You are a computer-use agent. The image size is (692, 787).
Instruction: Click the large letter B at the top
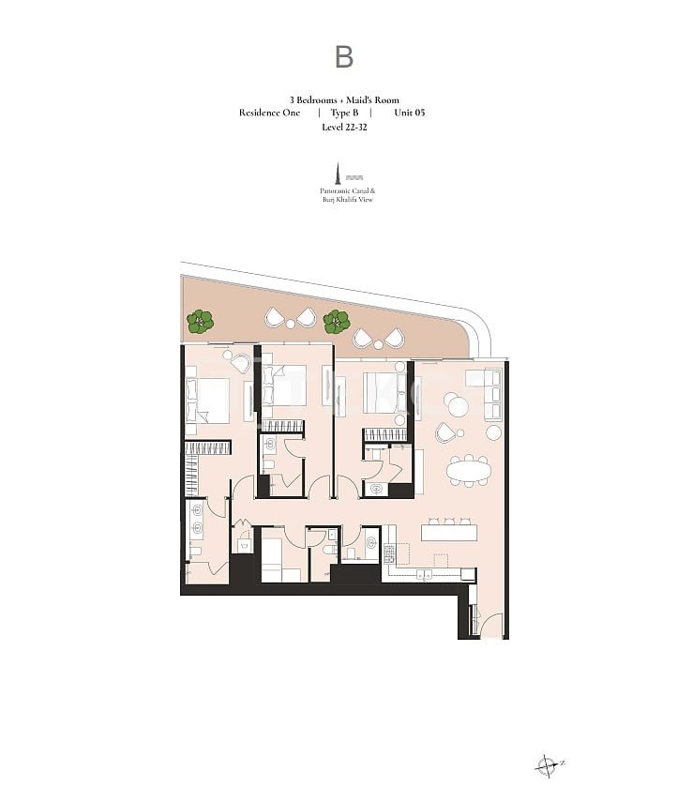344,57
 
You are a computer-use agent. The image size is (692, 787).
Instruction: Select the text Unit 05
410,113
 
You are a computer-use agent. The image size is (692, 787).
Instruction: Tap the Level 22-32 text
344,127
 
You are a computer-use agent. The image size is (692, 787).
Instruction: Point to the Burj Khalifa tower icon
338,173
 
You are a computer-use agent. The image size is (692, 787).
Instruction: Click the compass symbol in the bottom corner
546,766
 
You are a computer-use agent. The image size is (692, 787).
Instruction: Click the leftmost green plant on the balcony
201,322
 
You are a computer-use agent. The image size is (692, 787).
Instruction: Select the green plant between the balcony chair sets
336,322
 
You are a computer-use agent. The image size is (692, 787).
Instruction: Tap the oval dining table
469,471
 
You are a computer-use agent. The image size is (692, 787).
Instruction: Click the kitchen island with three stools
448,532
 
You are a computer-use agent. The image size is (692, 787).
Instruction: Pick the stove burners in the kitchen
389,553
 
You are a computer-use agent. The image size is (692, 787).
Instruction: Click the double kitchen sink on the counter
424,575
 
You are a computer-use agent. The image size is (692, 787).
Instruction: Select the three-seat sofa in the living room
492,396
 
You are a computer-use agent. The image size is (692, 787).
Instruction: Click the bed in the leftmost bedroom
207,399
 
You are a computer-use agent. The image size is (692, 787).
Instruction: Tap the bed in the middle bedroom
284,386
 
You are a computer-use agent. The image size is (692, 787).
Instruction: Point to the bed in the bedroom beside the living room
384,393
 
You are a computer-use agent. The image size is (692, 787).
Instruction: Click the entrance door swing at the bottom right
490,626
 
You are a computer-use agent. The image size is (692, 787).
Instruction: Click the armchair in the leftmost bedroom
241,363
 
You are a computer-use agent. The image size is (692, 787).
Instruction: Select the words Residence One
269,113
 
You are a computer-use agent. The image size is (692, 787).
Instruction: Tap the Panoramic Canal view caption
347,195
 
